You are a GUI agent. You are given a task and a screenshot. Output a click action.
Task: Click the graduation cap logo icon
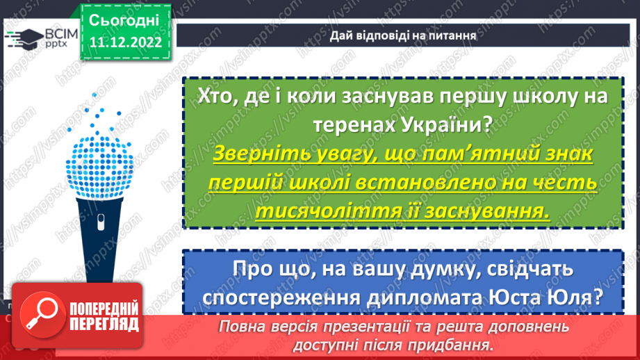(22, 38)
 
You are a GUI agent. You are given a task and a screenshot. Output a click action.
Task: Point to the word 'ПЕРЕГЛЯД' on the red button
(104, 323)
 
